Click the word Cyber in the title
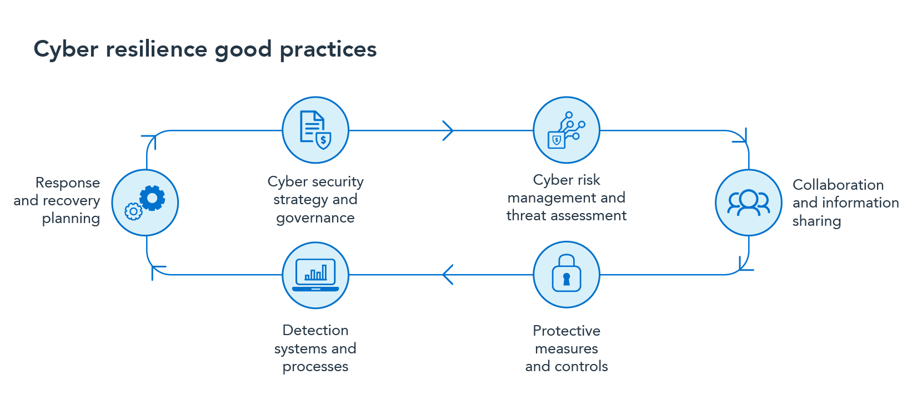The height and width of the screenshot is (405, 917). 66,50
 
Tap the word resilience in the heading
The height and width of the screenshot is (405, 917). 157,49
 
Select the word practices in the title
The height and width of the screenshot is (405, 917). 328,50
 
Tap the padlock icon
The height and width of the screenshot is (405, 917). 567,274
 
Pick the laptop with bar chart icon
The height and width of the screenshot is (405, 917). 315,275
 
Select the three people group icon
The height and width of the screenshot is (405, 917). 749,202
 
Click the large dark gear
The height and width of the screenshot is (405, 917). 152,198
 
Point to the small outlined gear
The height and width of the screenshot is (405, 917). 133,211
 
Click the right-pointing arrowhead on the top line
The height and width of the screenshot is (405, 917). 448,130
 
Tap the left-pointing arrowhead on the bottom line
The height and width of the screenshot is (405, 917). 448,274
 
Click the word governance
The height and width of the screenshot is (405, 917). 315,218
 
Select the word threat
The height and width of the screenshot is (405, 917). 526,215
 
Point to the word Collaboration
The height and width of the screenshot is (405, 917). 838,185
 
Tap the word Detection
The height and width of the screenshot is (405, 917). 315,330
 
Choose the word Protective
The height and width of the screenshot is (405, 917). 567,331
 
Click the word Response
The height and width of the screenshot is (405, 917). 68,183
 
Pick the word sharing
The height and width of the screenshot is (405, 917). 816,221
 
